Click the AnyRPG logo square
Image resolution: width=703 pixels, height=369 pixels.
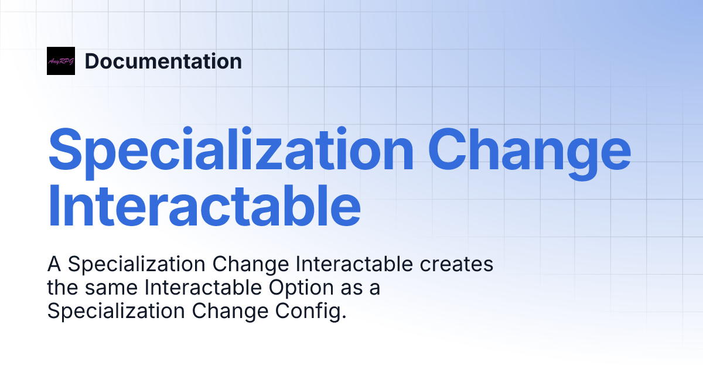(x=61, y=61)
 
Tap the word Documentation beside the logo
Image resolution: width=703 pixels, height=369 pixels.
(x=163, y=61)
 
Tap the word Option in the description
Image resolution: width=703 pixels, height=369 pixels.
(x=310, y=288)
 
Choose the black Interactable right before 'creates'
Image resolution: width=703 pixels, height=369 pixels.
(x=354, y=264)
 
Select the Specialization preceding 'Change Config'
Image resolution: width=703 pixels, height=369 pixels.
(x=117, y=312)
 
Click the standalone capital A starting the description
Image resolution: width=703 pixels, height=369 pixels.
(x=54, y=264)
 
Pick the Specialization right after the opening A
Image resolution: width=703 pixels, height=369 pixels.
(x=136, y=264)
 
